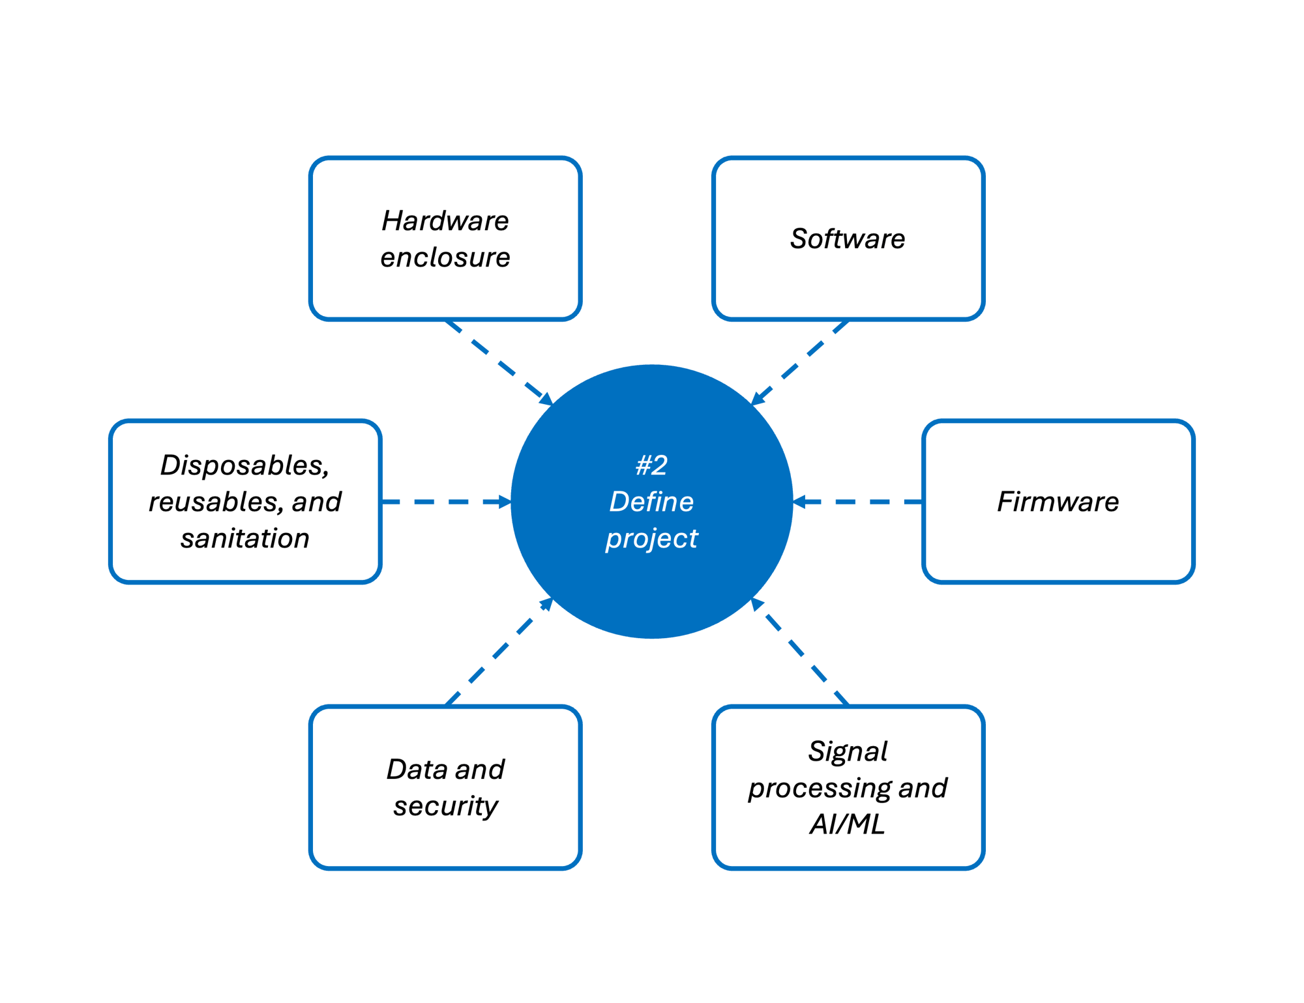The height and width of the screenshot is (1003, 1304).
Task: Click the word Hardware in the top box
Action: pyautogui.click(x=445, y=221)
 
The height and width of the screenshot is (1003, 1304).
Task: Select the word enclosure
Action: pyautogui.click(x=445, y=257)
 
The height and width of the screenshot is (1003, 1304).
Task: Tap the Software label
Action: pyautogui.click(x=848, y=239)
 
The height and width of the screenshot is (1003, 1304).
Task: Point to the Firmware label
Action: pyautogui.click(x=1058, y=502)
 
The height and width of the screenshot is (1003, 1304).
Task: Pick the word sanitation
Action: pyautogui.click(x=245, y=539)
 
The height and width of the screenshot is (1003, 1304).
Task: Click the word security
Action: pyautogui.click(x=445, y=806)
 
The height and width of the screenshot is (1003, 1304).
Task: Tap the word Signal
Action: pyautogui.click(x=848, y=751)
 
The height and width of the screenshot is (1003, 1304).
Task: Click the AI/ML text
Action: pyautogui.click(x=848, y=824)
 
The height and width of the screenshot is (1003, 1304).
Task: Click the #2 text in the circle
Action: pyautogui.click(x=651, y=465)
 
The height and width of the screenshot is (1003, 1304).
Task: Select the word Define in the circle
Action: pyautogui.click(x=651, y=502)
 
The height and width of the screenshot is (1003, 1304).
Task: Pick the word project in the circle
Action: pyautogui.click(x=651, y=539)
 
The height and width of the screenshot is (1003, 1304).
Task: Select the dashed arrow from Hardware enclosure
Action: pyautogui.click(x=499, y=362)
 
